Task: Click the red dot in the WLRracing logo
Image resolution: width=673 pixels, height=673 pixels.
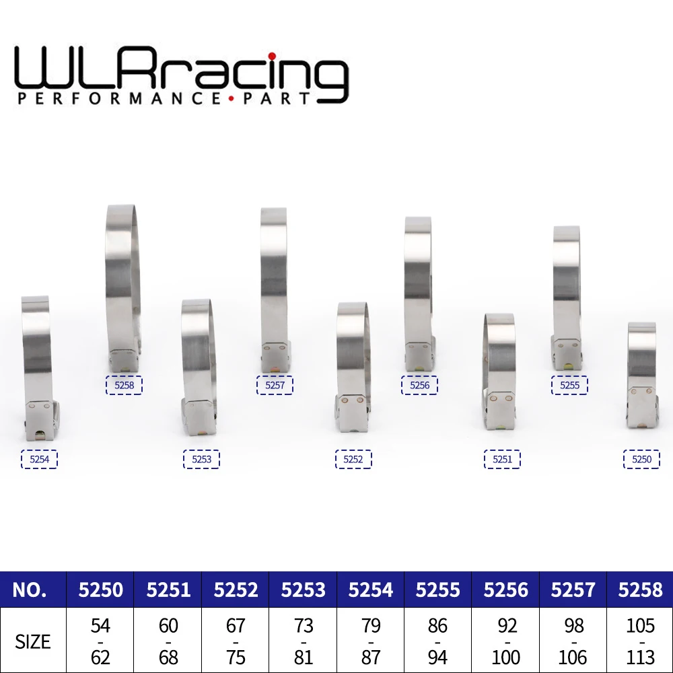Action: [272, 56]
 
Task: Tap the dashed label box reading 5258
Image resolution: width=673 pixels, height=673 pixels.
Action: [124, 386]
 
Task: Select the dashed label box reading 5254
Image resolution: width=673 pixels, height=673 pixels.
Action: [39, 460]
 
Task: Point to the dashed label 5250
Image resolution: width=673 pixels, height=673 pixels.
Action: [641, 460]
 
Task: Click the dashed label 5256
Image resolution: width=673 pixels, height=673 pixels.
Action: [419, 386]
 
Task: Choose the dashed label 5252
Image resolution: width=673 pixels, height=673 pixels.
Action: [353, 460]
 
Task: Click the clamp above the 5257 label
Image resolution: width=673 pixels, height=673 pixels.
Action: [274, 283]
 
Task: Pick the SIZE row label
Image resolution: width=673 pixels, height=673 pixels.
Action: [33, 641]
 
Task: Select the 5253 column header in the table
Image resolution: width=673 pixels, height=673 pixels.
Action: [304, 590]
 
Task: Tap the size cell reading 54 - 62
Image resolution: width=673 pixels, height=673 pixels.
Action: [100, 641]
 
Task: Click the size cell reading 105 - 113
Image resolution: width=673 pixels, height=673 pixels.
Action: [640, 641]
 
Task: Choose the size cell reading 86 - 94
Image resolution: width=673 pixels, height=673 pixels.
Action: [437, 641]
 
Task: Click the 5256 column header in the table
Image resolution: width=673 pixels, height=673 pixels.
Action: [505, 590]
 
